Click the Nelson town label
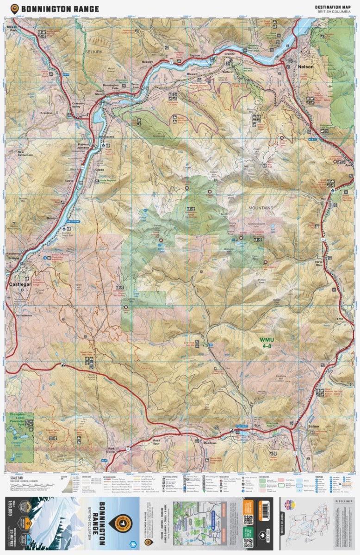(306, 67)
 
